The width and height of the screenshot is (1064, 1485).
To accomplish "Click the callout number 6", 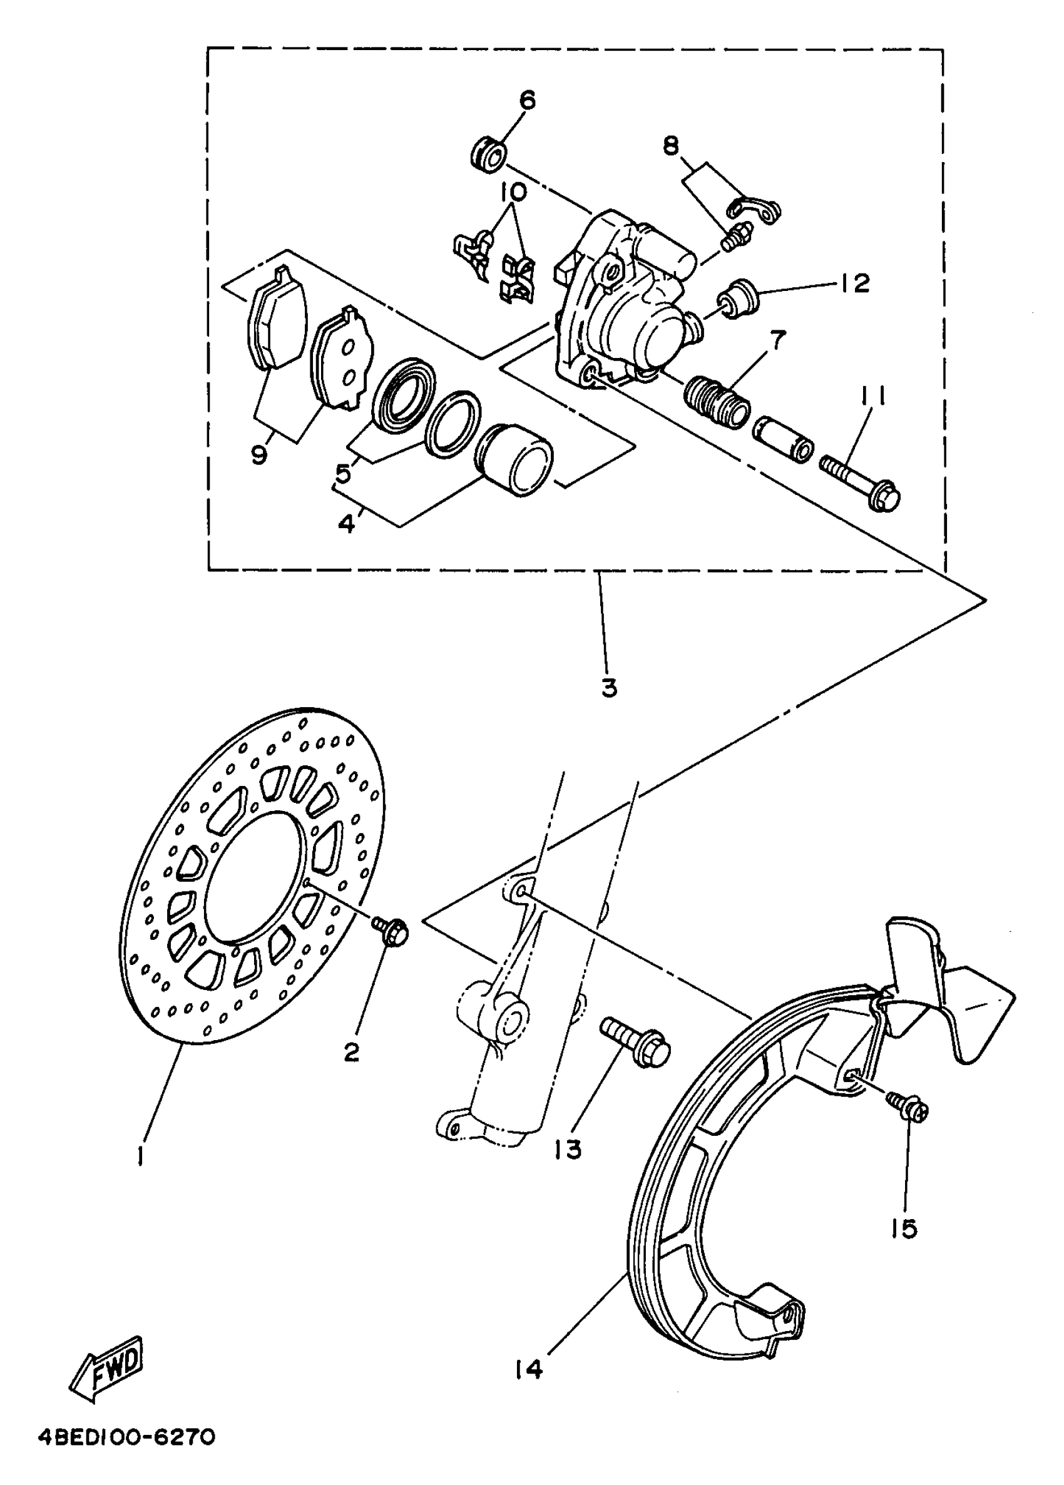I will (527, 101).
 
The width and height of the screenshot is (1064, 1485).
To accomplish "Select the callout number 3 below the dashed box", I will (608, 688).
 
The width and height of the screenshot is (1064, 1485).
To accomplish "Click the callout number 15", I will (904, 1229).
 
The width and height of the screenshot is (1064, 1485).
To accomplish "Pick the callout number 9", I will (259, 454).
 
